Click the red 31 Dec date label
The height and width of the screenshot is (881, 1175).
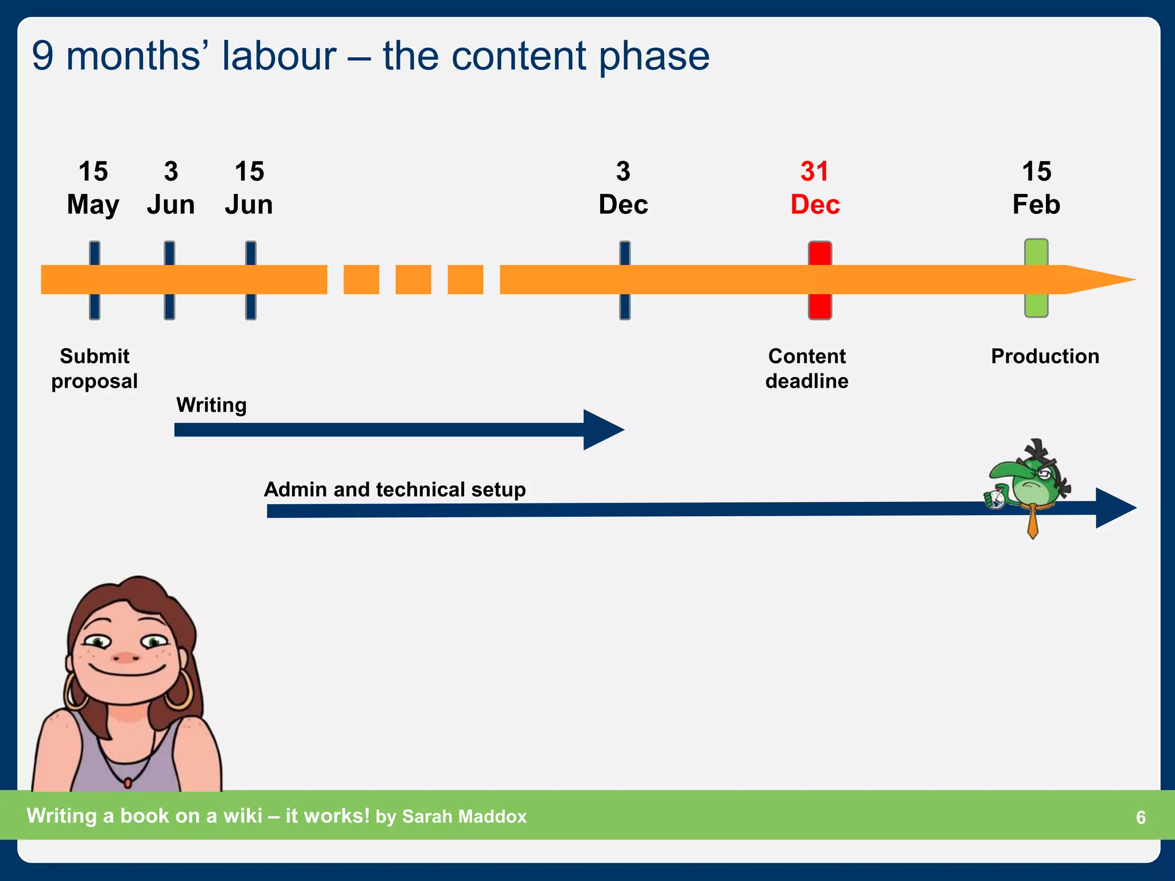(x=815, y=188)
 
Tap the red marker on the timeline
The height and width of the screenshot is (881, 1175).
(x=820, y=280)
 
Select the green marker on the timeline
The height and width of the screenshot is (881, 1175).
(x=1036, y=278)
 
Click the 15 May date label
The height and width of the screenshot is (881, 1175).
(x=93, y=188)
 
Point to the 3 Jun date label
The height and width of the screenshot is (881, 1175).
(x=170, y=188)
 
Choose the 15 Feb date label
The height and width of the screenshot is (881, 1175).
(x=1036, y=188)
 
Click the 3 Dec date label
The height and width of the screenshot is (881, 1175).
(x=623, y=188)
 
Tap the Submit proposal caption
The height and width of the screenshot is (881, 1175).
(x=95, y=368)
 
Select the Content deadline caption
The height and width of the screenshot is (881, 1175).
(x=807, y=368)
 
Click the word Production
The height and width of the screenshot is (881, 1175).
(x=1045, y=356)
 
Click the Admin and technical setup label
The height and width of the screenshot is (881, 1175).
(x=395, y=489)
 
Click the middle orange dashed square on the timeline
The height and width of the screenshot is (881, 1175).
(x=413, y=279)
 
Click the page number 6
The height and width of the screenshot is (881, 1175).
(x=1141, y=817)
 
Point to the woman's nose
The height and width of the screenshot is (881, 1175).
(x=125, y=657)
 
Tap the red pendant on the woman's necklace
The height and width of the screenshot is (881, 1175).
(x=128, y=782)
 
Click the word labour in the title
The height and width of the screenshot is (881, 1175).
(x=279, y=56)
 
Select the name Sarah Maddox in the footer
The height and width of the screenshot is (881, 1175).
(x=464, y=816)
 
